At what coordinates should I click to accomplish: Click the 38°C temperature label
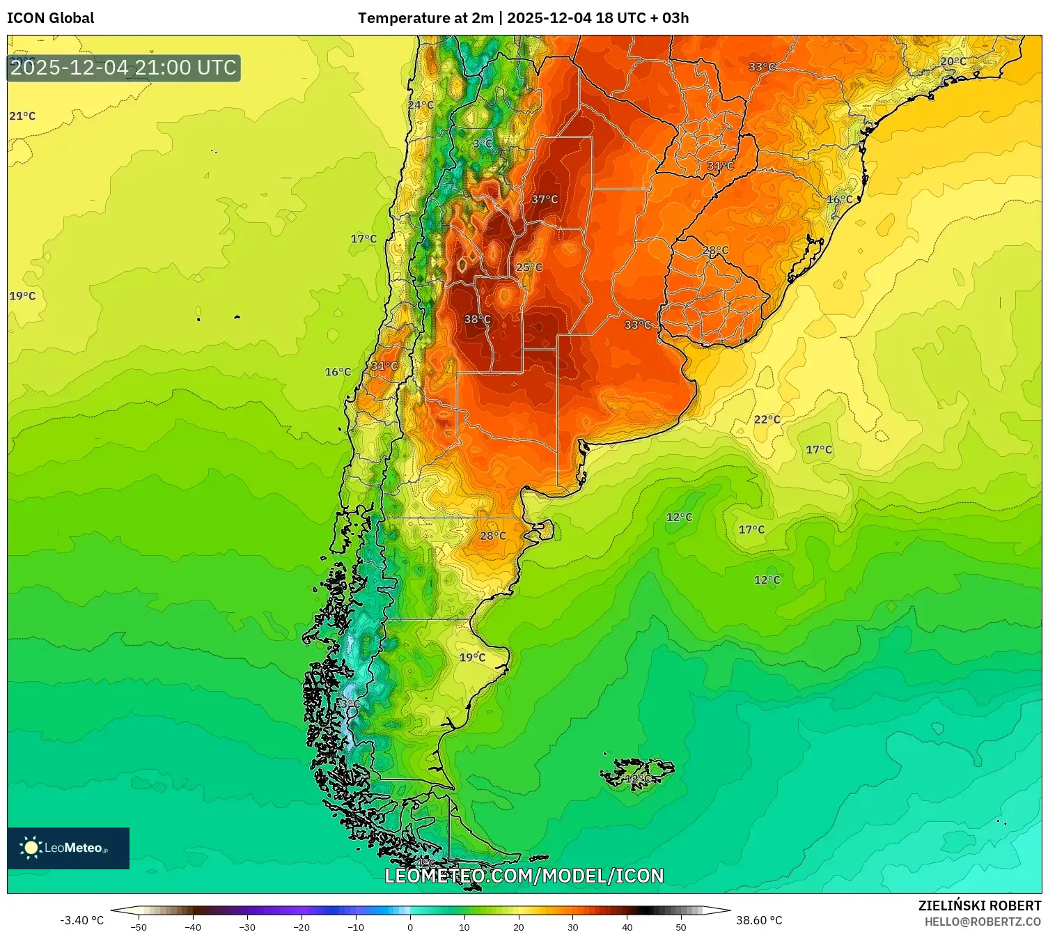[477, 320]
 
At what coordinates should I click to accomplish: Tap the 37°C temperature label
[545, 200]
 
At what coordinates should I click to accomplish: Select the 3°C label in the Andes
[483, 144]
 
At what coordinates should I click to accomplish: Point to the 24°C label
[421, 105]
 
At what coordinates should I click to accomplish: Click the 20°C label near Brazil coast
[953, 61]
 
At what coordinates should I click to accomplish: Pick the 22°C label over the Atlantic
[767, 419]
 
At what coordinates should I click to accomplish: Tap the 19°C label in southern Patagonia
[472, 658]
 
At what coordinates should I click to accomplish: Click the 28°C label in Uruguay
[715, 251]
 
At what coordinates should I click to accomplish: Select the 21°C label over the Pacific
[22, 116]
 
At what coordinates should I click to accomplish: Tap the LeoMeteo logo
[68, 848]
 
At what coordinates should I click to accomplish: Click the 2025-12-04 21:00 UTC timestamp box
[124, 68]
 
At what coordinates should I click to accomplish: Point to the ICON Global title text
[50, 18]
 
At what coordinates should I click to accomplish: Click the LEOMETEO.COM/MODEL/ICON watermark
[524, 876]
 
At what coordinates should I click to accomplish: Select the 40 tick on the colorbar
[627, 926]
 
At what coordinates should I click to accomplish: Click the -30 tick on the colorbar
[247, 926]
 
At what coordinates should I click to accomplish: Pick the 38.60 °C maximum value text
[759, 920]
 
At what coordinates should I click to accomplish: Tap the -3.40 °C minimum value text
[81, 920]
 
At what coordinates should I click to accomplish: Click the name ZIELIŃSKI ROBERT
[979, 906]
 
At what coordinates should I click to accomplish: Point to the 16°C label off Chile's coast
[338, 372]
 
